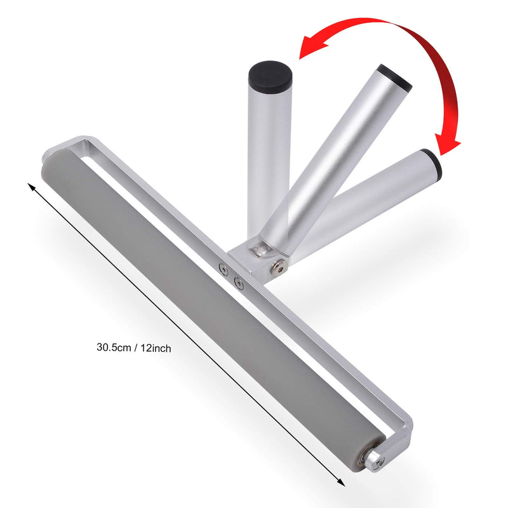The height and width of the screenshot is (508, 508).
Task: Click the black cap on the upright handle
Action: [x=271, y=76]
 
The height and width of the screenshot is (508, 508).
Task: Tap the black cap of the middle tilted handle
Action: [x=394, y=77]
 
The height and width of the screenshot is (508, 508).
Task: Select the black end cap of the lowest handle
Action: [x=433, y=164]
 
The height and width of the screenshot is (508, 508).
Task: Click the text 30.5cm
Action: [x=114, y=347]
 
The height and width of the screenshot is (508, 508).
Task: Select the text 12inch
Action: [x=156, y=348]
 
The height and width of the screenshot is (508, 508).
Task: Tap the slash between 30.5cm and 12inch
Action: [x=136, y=347]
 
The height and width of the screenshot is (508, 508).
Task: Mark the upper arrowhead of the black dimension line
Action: [x=31, y=187]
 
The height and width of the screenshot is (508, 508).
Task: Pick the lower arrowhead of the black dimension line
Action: [x=341, y=483]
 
